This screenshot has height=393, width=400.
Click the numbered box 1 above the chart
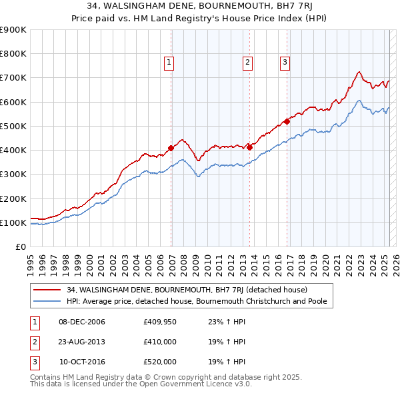[169, 63]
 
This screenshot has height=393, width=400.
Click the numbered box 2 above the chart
[247, 63]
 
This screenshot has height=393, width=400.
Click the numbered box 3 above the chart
[285, 63]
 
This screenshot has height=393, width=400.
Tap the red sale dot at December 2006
[171, 148]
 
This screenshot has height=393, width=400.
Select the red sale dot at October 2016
[287, 121]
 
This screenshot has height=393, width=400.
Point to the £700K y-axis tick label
[13, 78]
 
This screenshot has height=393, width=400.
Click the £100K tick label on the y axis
[13, 222]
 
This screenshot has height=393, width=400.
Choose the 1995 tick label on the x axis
[31, 260]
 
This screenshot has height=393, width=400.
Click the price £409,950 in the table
[159, 322]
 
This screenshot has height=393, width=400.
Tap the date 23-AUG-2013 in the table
[81, 342]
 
